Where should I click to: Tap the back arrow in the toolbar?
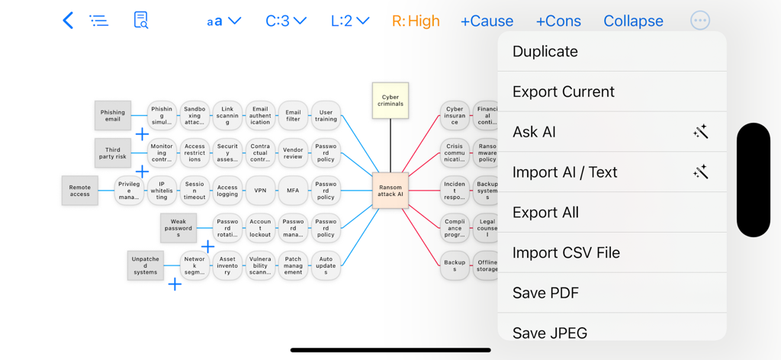tap(68, 21)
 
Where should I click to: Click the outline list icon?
tap(99, 21)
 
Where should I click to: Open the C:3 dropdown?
tap(286, 21)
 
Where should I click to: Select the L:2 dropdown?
tap(350, 21)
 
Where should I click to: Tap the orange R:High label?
tap(416, 21)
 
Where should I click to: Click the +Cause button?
tap(487, 21)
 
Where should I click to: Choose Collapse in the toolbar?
tap(633, 21)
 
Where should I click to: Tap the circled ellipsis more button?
tap(699, 21)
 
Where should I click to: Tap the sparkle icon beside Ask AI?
tap(700, 132)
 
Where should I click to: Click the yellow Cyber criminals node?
tap(390, 101)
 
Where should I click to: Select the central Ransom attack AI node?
tap(390, 190)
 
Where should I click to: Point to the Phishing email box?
tap(113, 115)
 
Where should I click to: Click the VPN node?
tap(260, 190)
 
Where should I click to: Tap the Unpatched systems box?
tap(145, 265)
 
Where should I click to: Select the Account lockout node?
tap(260, 227)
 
